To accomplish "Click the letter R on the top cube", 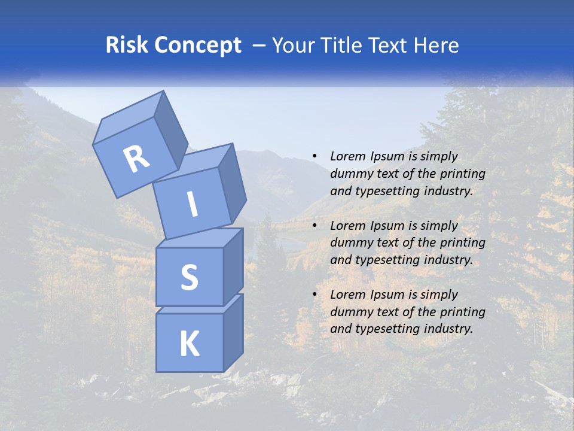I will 136,159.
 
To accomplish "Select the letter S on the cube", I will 189,277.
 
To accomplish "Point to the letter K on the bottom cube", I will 189,344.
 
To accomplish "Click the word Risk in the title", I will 126,45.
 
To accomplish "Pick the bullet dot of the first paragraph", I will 315,157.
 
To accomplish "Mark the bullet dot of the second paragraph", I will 315,226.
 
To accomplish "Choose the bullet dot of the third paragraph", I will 315,295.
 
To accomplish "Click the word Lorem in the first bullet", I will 347,157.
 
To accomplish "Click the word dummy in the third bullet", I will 349,312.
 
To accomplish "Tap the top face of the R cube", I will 129,120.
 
